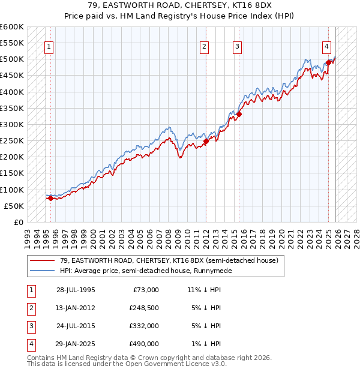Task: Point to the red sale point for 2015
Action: pyautogui.click(x=239, y=114)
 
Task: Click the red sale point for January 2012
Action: pyautogui.click(x=206, y=142)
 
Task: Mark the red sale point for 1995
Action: pyautogui.click(x=50, y=199)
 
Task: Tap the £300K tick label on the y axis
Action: pyautogui.click(x=12, y=125)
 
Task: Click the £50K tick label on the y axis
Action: pyautogui.click(x=14, y=206)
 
